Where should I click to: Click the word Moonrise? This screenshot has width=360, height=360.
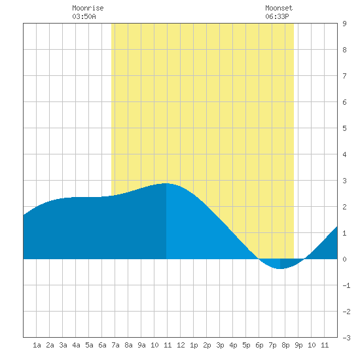(88, 8)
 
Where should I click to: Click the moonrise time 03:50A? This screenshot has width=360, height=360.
(84, 16)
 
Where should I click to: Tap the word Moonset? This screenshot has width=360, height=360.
(279, 8)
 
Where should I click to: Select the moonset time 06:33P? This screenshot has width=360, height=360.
(277, 16)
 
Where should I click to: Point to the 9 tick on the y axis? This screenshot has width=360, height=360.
(344, 24)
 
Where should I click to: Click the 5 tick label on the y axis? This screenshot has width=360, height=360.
(344, 128)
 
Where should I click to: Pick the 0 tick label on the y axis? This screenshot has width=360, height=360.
(344, 259)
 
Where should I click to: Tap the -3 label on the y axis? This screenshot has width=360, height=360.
(346, 338)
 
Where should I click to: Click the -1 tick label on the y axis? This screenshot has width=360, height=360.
(346, 285)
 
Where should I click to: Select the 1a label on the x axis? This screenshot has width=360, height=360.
(37, 345)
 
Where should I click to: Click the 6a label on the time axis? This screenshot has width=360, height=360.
(102, 345)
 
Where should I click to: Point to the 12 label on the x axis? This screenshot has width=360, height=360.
(181, 345)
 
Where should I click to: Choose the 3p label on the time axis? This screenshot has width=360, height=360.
(220, 345)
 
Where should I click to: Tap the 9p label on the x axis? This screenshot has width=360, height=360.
(298, 345)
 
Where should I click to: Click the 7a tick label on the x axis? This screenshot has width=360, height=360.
(115, 345)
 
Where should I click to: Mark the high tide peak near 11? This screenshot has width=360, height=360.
(166, 183)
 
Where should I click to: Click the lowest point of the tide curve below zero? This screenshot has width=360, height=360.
(280, 268)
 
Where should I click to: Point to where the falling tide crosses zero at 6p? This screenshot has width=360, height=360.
(259, 259)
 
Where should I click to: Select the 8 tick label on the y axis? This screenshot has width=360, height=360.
(344, 50)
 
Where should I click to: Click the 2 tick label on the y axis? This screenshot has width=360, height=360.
(344, 207)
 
